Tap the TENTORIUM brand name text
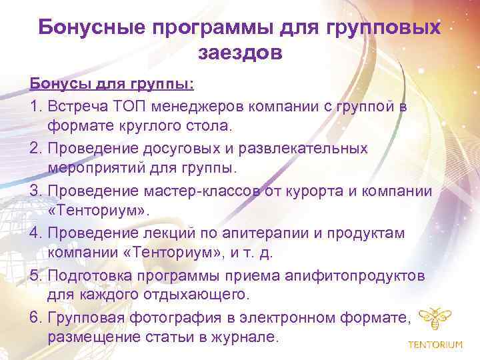435,344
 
